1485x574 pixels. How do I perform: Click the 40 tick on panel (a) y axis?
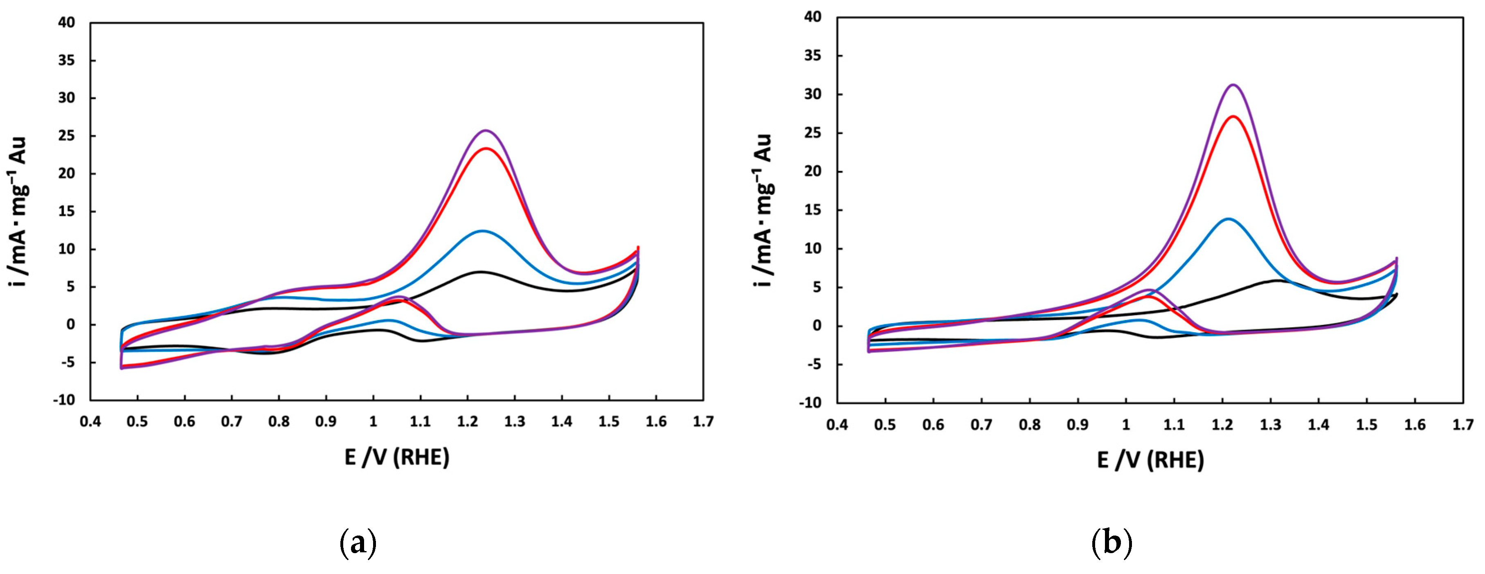66,23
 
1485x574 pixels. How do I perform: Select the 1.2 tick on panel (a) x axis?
468,422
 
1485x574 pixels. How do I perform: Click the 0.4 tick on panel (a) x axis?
90,422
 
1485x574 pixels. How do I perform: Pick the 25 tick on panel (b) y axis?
813,133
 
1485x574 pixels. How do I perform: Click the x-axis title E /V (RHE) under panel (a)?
397,457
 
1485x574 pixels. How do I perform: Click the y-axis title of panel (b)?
763,210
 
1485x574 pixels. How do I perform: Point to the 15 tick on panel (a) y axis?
66,212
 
